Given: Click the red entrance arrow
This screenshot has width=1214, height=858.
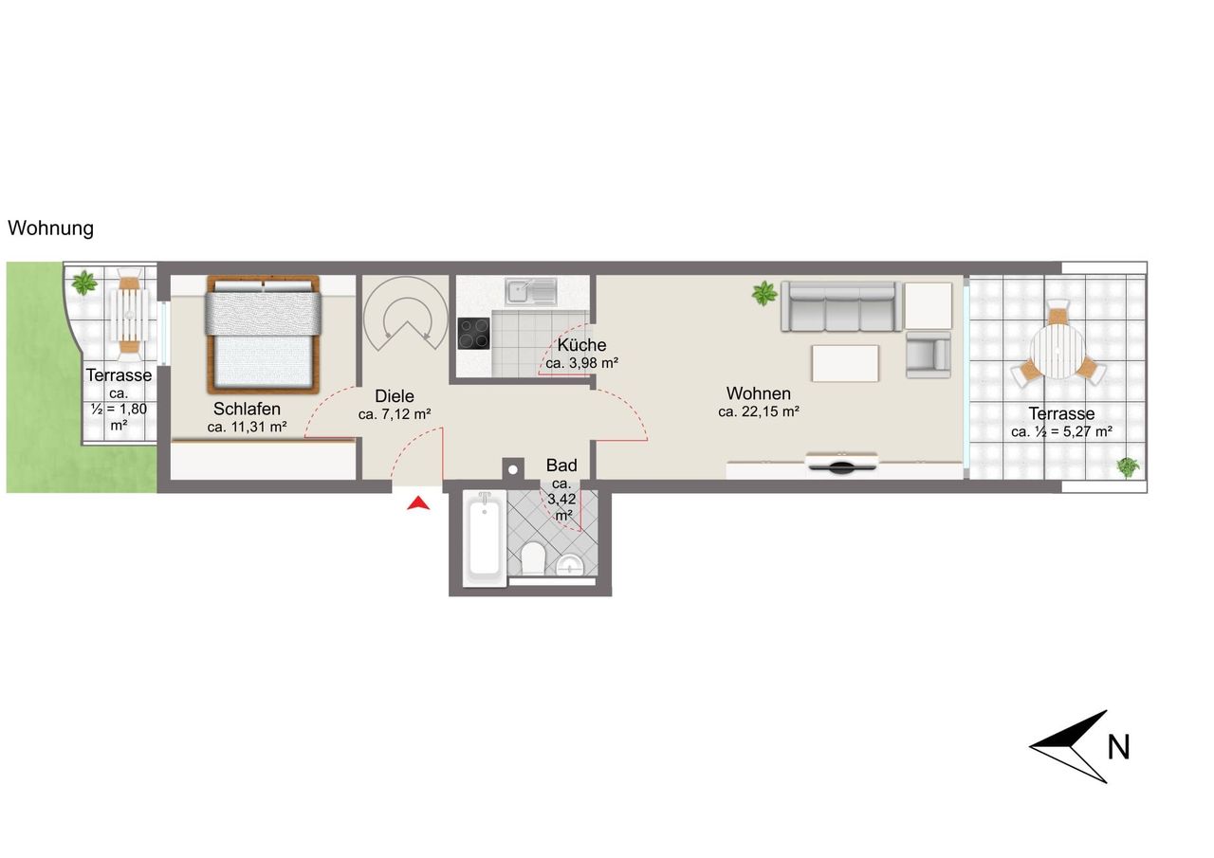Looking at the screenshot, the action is (x=418, y=504).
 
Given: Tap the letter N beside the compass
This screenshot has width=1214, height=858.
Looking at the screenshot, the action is (x=1119, y=747).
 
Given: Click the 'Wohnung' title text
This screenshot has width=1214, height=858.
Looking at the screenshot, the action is (x=51, y=228).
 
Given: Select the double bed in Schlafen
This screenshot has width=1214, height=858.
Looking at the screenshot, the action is (x=263, y=334).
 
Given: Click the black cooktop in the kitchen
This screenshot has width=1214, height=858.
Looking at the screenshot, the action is (x=473, y=333).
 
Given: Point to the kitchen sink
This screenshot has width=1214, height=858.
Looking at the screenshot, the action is (x=531, y=291).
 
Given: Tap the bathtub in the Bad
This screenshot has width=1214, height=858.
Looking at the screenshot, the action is (x=485, y=538).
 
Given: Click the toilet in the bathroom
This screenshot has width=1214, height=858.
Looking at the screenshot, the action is (x=533, y=557).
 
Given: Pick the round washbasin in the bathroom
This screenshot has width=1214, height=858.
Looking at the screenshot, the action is (x=570, y=565).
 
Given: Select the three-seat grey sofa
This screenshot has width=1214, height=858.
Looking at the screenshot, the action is (x=841, y=306).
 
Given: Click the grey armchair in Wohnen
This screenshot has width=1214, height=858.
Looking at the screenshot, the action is (x=929, y=355).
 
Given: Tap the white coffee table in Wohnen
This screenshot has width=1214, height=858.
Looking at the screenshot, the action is (x=845, y=363).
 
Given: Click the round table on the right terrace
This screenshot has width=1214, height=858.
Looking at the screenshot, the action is (x=1057, y=352).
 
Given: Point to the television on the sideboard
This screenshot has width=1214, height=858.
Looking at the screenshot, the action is (x=841, y=465).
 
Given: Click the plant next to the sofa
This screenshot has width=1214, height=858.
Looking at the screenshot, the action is (x=764, y=293).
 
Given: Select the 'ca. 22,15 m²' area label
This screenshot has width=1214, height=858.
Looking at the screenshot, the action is (x=759, y=411).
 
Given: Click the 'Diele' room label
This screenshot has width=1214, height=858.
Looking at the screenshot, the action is (x=395, y=396).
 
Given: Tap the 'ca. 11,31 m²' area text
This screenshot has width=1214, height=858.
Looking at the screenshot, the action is (x=248, y=427).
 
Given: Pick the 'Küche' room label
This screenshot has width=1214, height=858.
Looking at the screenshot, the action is (x=581, y=345).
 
